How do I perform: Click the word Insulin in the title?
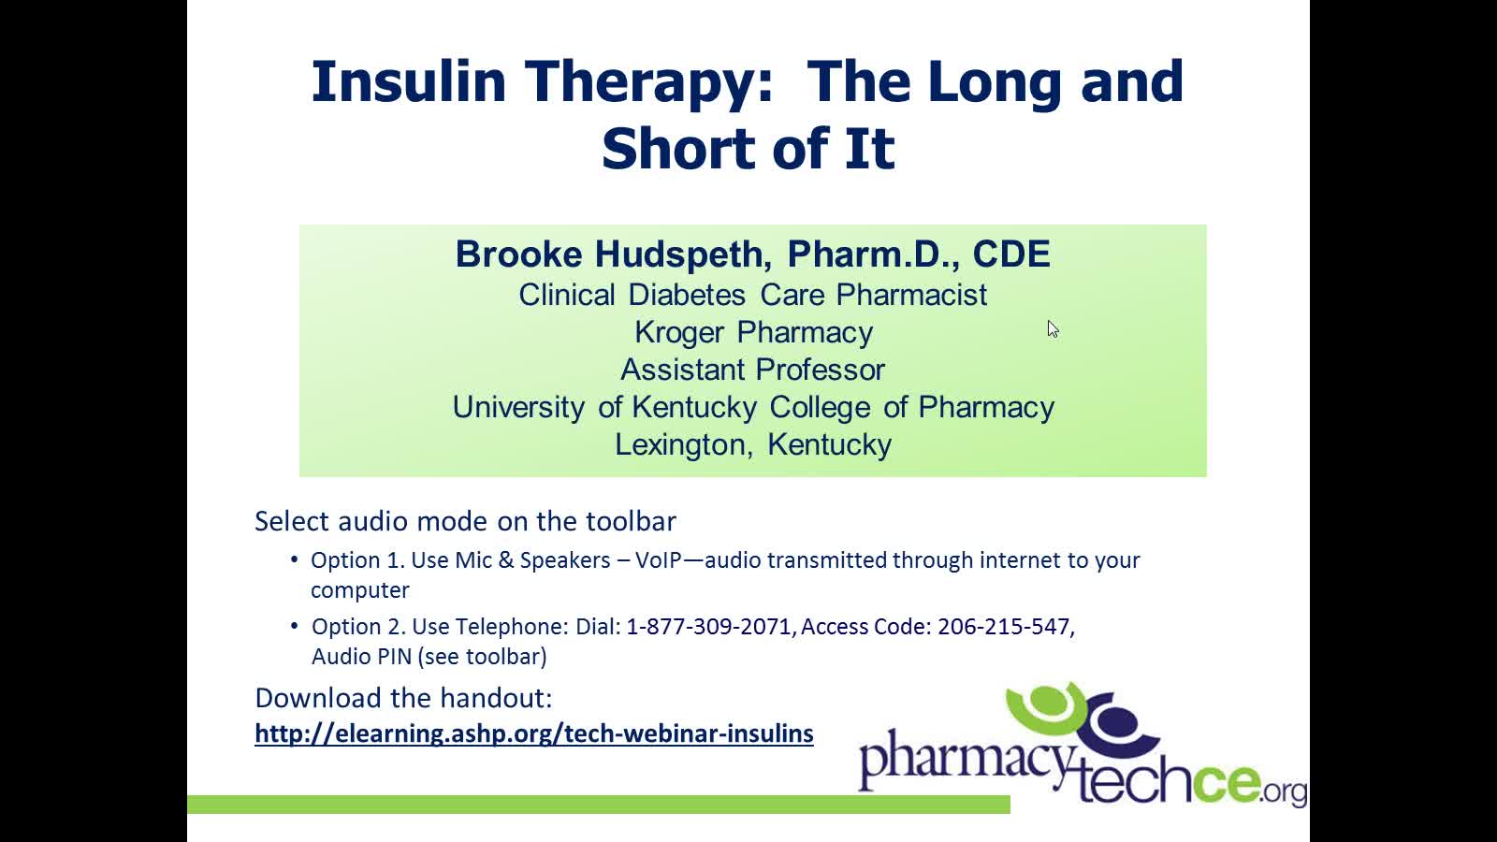click(408, 81)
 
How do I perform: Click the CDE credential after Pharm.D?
click(1011, 254)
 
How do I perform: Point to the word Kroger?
click(679, 333)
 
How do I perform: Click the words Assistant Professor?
click(752, 370)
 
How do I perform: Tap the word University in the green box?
click(518, 408)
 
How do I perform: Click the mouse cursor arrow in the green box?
click(1053, 329)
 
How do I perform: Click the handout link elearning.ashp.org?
click(534, 733)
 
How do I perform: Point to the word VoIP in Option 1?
click(659, 560)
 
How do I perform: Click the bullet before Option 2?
click(294, 626)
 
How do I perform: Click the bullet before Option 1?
click(294, 559)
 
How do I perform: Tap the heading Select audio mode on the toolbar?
click(465, 521)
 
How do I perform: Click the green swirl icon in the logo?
click(1049, 708)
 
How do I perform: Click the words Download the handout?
click(403, 698)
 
